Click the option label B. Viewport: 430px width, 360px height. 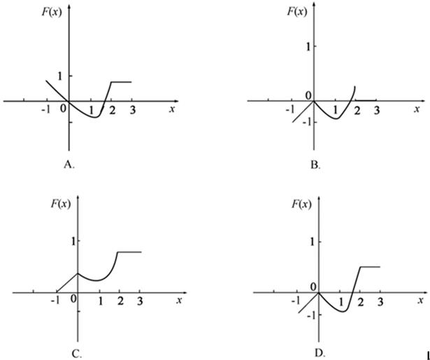(x=315, y=166)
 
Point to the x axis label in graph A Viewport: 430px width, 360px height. (x=172, y=109)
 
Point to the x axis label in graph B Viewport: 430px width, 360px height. (x=417, y=109)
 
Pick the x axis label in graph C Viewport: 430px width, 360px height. (x=180, y=300)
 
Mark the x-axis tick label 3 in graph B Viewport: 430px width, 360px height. (x=376, y=110)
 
